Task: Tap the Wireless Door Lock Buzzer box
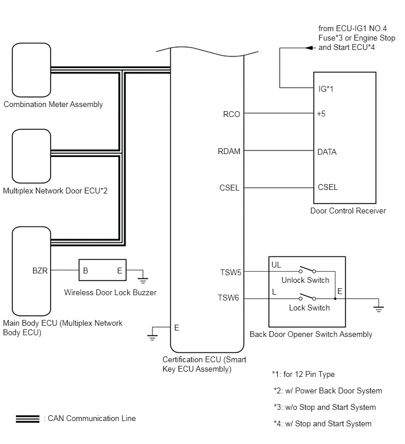click(x=104, y=271)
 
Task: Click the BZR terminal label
click(x=41, y=271)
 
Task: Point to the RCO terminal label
click(x=231, y=114)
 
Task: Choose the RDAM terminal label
click(x=229, y=152)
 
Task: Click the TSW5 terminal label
click(x=229, y=272)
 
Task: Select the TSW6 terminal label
click(x=229, y=298)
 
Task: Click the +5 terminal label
click(x=321, y=114)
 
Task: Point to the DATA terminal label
click(x=327, y=152)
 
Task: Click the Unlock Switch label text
click(x=306, y=281)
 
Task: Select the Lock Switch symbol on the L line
click(x=306, y=296)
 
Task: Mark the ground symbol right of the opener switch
click(x=379, y=306)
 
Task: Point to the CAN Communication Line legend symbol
click(x=28, y=419)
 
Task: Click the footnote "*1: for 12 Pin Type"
click(x=303, y=374)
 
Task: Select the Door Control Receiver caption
click(x=348, y=211)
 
